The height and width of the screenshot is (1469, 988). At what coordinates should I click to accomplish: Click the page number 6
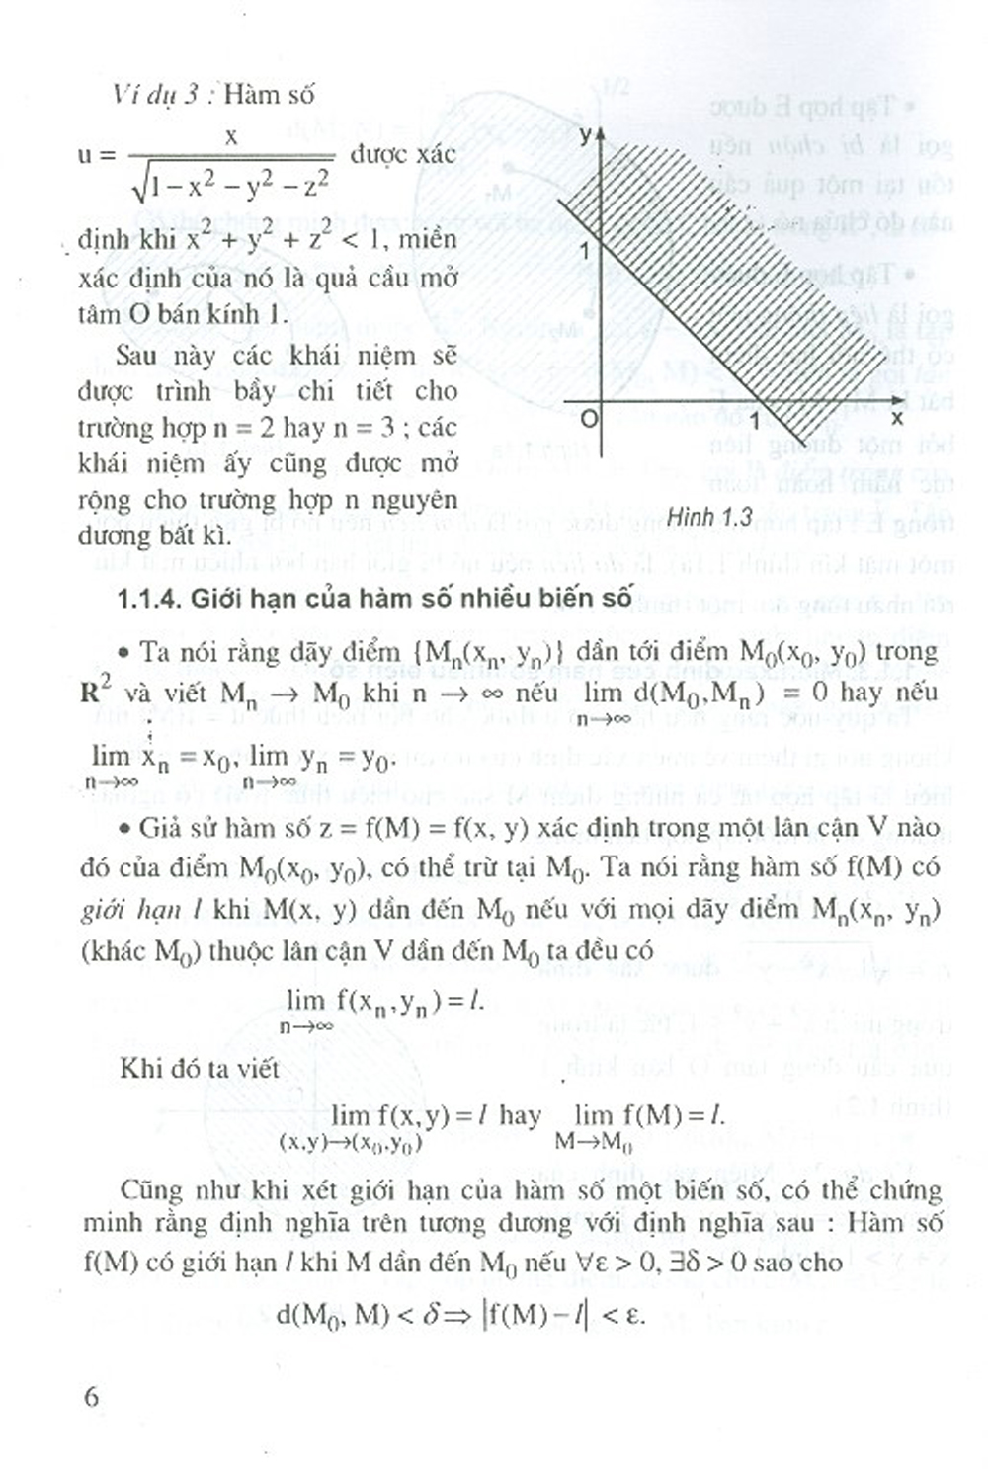tap(92, 1397)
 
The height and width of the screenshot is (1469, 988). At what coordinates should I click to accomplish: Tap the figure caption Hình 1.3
tap(708, 517)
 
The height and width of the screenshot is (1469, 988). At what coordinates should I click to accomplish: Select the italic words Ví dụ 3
tap(157, 96)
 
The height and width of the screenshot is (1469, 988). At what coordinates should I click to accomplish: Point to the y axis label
tap(586, 134)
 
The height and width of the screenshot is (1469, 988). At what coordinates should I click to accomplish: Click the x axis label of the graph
tap(897, 418)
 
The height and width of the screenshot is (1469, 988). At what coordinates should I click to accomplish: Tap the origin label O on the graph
tap(589, 419)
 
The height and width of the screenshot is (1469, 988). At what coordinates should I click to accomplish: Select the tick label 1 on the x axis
tap(756, 421)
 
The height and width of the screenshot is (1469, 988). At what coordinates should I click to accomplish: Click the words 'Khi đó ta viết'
tap(200, 1069)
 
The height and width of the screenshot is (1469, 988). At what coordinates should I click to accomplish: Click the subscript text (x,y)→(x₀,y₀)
tap(350, 1143)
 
